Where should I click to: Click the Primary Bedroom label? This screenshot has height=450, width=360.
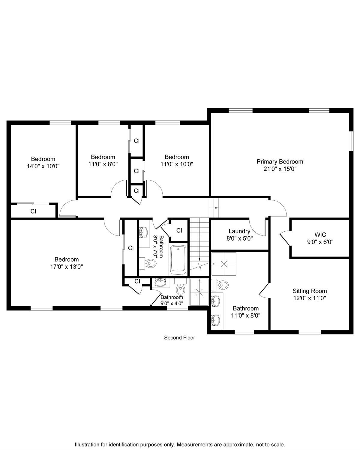click(280, 161)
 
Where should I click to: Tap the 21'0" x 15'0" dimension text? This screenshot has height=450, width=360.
click(280, 169)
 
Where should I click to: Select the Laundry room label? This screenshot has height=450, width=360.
click(239, 231)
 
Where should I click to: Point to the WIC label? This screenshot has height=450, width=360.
click(320, 235)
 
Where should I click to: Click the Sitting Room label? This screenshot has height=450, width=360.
click(310, 291)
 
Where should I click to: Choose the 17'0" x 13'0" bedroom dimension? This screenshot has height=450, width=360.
click(67, 267)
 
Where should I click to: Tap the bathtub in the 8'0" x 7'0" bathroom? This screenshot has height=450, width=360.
click(178, 260)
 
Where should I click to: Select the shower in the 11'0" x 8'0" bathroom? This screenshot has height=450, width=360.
click(224, 264)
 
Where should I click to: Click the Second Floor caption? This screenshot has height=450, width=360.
click(179, 337)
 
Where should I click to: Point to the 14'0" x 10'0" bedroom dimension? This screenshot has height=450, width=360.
click(43, 166)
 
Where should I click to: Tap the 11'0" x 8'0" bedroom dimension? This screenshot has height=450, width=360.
click(103, 164)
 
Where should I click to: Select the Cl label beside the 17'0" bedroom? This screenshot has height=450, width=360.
click(131, 248)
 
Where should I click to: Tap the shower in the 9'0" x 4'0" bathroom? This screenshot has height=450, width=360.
click(199, 292)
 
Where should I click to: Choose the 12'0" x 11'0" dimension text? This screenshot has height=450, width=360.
click(310, 298)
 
